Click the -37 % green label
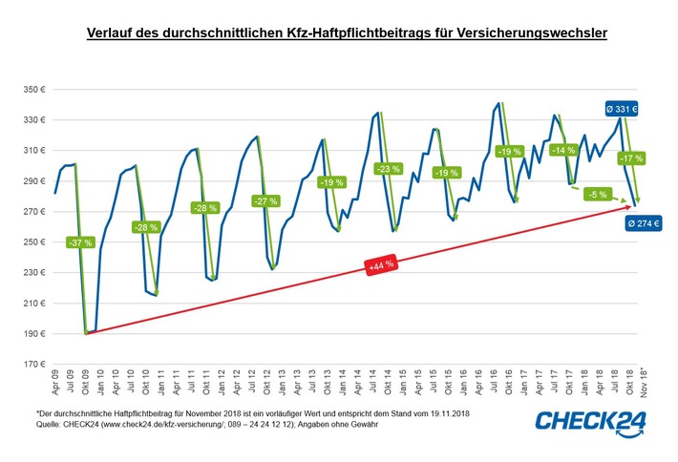pyautogui.click(x=81, y=242)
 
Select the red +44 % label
pyautogui.click(x=382, y=268)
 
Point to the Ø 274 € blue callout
pyautogui.click(x=645, y=223)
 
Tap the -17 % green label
pyautogui.click(x=630, y=157)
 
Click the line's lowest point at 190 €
pyautogui.click(x=87, y=334)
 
